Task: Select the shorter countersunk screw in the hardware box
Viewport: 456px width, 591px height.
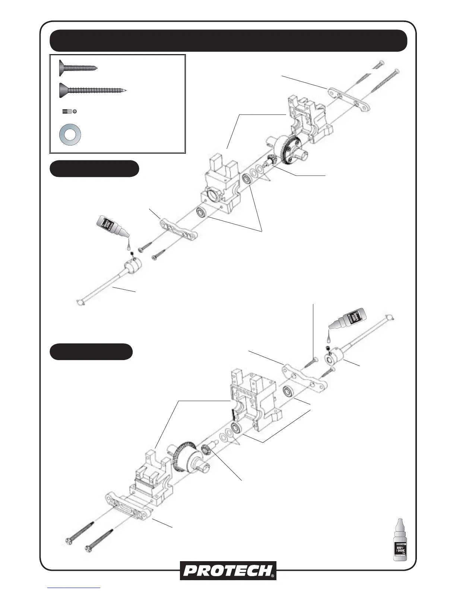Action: [77, 68]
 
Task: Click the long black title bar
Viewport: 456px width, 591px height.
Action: [228, 40]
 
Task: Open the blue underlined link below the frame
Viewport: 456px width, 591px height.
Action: [74, 588]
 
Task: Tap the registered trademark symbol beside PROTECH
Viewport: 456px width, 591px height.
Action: [273, 576]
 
